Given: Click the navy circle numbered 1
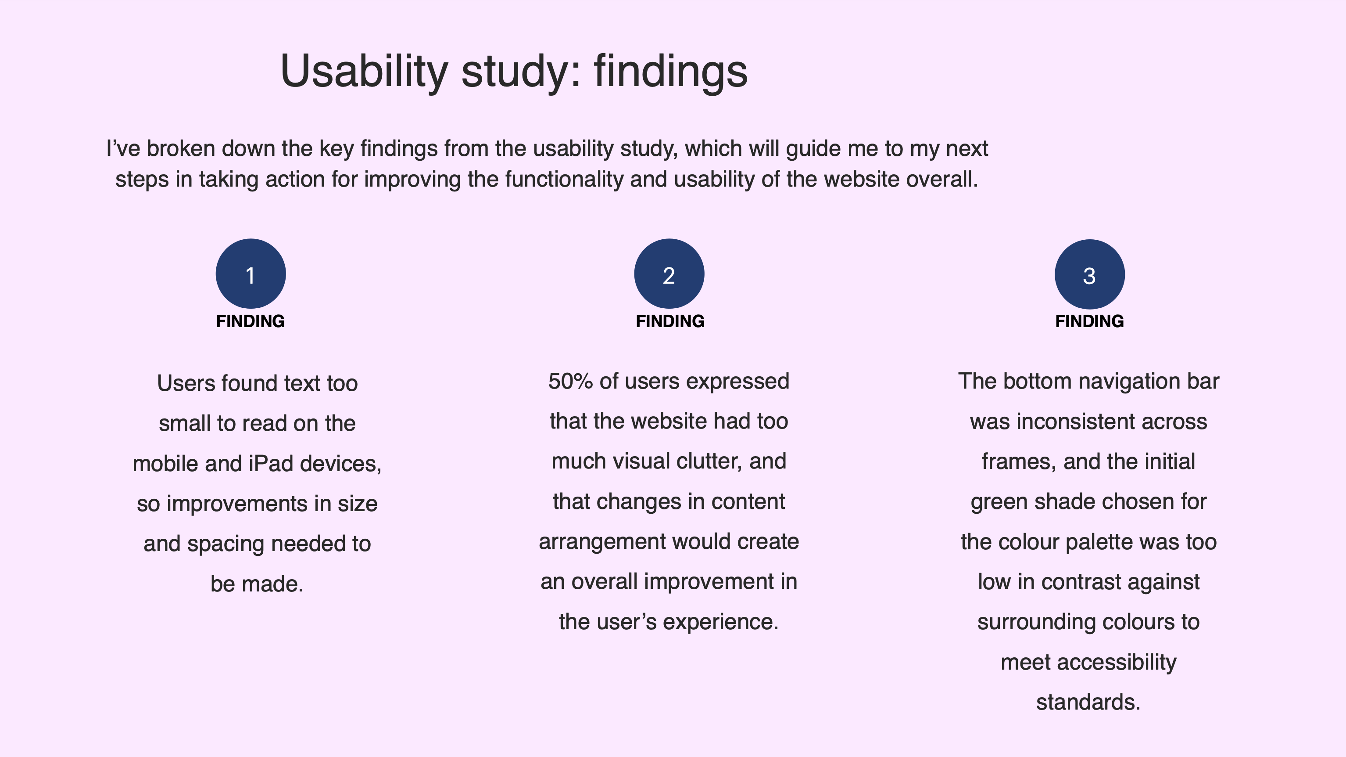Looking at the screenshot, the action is pos(251,274).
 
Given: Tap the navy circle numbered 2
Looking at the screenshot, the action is pos(669,274).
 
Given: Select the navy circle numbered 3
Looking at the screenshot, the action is pos(1089,274).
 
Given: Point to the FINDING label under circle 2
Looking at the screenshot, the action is pos(670,321).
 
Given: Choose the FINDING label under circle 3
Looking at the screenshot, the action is pos(1089,321).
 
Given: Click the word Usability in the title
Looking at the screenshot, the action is pos(364,71).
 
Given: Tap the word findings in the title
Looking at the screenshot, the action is pos(671,71).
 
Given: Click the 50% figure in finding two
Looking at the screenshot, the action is pos(571,381).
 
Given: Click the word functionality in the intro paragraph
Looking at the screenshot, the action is pos(564,179).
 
